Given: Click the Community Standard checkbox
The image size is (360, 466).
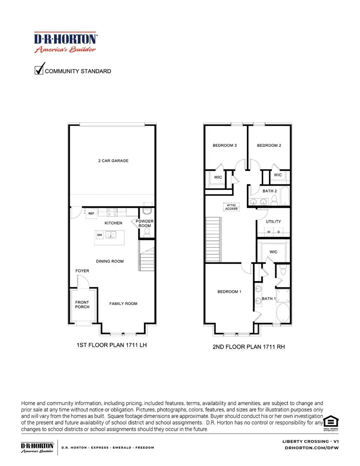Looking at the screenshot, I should tap(39, 70).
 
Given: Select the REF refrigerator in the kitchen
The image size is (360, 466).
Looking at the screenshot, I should tap(91, 214).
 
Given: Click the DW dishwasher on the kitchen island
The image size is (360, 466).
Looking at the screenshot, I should tap(100, 234).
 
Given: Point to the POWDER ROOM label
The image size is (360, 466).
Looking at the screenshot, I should tap(144, 223).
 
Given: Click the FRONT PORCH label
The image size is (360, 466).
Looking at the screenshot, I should tap(82, 304).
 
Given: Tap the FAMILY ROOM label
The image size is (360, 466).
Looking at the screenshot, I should tap(123, 304).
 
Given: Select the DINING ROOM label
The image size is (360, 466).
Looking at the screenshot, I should tap(110, 261).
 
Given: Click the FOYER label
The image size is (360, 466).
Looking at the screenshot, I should tap(82, 271).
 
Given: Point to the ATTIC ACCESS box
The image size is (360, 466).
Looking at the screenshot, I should tap(231, 207).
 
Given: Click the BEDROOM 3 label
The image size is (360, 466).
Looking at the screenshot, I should tap(224, 146).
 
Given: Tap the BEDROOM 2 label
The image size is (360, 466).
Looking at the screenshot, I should tap(269, 146).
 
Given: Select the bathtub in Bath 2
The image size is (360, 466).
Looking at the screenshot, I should tap(284, 196).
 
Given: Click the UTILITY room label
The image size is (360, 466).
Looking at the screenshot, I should tap(274, 221).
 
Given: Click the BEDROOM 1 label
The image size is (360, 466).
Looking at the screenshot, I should tap(229, 292).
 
